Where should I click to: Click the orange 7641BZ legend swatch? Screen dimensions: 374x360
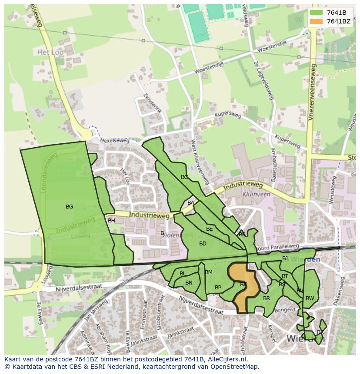point(317,21)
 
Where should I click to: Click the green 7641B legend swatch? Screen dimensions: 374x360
point(317,12)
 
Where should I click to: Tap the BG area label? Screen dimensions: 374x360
point(69,207)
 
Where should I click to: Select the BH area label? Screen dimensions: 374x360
point(111,221)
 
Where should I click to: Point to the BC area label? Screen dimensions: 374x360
point(184,177)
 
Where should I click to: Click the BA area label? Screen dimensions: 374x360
point(191,203)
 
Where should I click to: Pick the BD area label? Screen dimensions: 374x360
point(203,244)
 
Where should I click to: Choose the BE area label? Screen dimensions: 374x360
point(210,229)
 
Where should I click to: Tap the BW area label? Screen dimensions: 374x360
point(310,298)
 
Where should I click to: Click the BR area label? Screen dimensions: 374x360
point(267,298)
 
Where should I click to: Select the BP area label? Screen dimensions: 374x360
point(218,288)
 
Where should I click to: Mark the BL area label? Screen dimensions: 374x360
point(183,274)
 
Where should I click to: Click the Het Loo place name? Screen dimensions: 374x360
point(48,52)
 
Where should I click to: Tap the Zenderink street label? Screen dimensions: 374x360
point(152,103)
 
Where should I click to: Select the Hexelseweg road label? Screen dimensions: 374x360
point(115,141)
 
